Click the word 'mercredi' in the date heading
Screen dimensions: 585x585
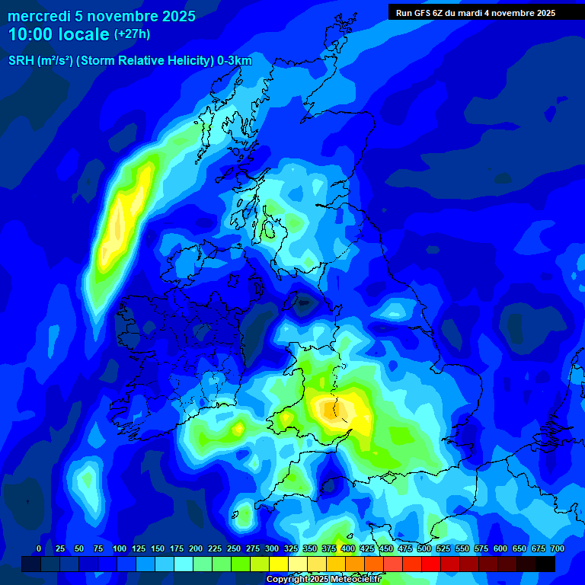point(39,16)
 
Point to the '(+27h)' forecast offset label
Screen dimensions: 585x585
point(132,34)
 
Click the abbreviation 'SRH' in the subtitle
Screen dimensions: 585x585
point(21,61)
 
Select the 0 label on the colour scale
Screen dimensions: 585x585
point(39,548)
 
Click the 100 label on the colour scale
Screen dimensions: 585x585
point(119,548)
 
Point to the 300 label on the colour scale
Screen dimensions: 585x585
point(272,548)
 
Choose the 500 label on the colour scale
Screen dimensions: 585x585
point(424,548)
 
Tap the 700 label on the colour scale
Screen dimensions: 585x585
point(558,548)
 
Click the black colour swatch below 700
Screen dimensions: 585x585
point(545,564)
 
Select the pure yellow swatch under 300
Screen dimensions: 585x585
point(279,564)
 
